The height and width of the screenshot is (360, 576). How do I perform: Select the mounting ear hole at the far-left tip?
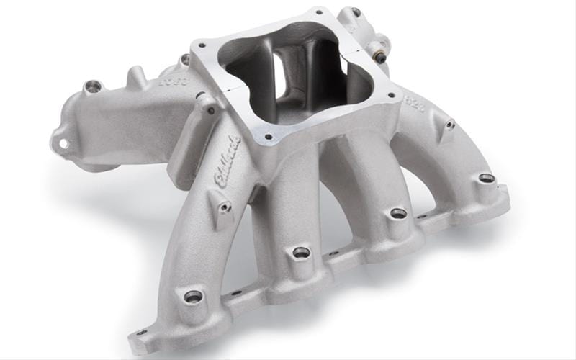[63, 143]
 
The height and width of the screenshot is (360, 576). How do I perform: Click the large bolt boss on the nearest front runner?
[193, 296]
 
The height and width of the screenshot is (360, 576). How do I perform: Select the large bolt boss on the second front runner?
[301, 252]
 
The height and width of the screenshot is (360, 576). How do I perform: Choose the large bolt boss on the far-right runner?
[487, 178]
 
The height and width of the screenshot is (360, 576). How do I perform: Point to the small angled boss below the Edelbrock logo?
[225, 207]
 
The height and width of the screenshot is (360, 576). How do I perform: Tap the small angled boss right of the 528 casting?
[449, 125]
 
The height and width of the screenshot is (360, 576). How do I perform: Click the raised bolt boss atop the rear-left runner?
[93, 87]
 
